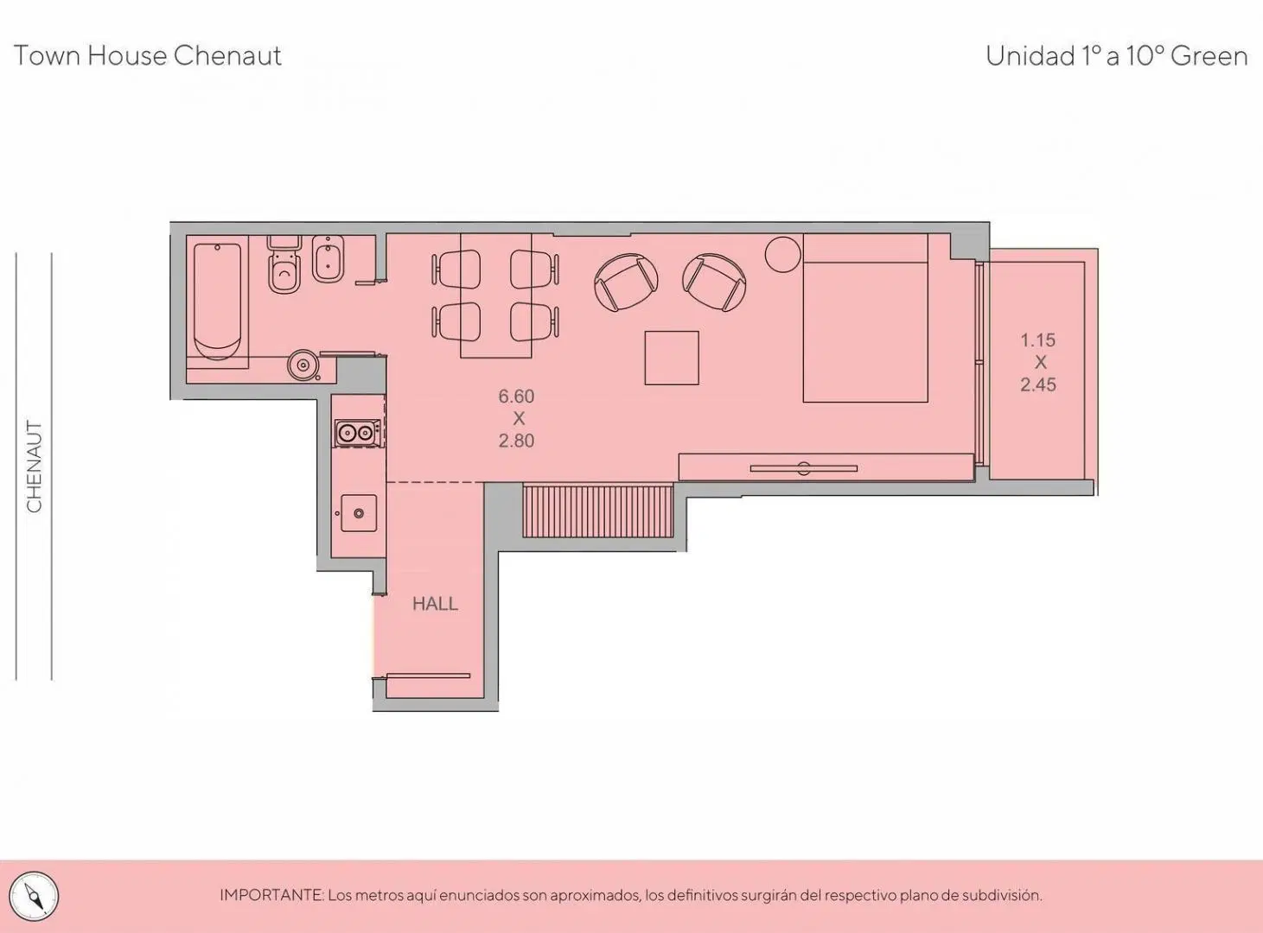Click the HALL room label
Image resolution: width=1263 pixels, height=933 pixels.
(x=435, y=603)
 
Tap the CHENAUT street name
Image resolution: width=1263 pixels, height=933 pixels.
(x=35, y=466)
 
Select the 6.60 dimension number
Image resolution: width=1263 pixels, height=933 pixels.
(x=516, y=397)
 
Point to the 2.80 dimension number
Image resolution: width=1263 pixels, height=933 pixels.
(x=516, y=441)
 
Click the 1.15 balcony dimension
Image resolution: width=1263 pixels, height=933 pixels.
(x=1038, y=340)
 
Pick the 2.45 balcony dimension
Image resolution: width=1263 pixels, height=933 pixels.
(x=1038, y=384)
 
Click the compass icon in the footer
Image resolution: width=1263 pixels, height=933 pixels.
(x=35, y=897)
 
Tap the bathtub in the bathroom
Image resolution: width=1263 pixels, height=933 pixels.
(x=218, y=301)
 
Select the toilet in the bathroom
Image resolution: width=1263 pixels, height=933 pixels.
(x=284, y=264)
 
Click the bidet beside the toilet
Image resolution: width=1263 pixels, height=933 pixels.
(x=328, y=258)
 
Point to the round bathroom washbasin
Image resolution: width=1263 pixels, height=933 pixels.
(x=303, y=365)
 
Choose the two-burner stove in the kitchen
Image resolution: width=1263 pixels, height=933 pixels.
(x=358, y=433)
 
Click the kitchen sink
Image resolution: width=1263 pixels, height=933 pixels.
(x=358, y=513)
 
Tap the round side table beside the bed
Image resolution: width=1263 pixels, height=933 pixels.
(x=783, y=255)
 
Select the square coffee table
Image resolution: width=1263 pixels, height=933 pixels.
(x=672, y=358)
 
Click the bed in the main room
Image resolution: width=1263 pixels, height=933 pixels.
(x=865, y=318)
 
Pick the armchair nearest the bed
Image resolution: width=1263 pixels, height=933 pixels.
(x=715, y=282)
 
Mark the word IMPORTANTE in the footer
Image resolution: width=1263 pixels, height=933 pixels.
(x=271, y=896)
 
